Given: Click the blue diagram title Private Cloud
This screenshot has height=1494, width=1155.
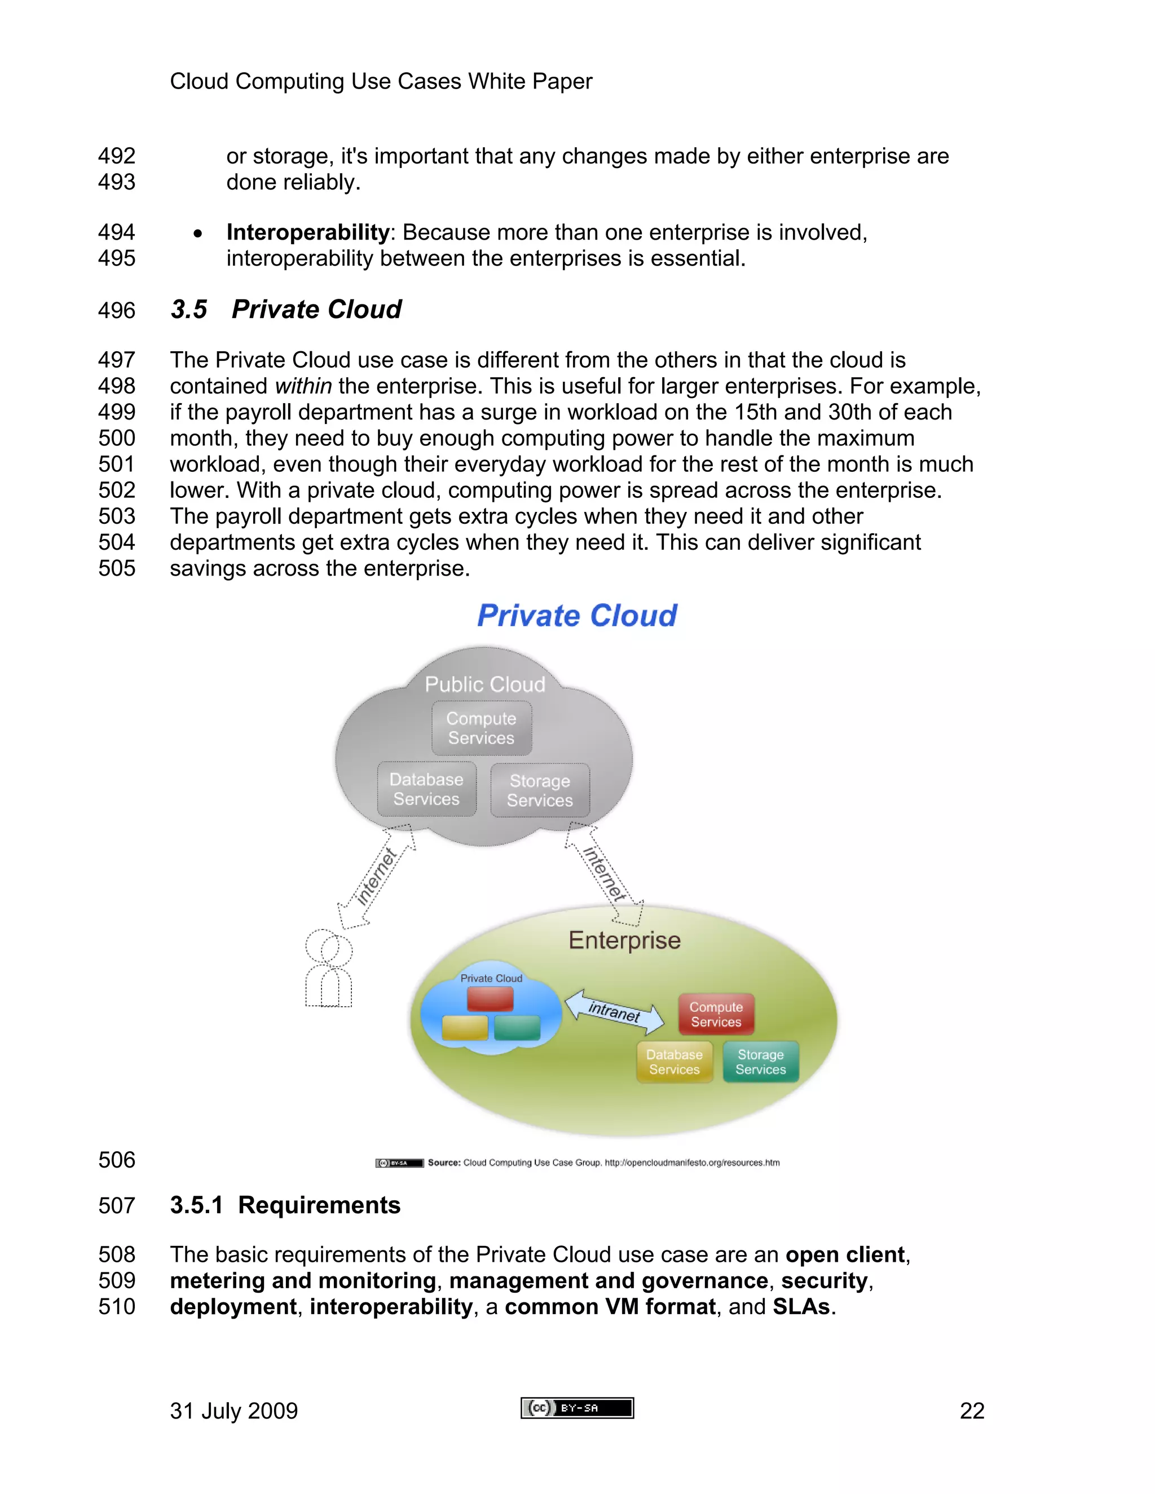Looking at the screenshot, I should [577, 616].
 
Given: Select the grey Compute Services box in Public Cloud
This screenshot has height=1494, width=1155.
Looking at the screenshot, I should [482, 728].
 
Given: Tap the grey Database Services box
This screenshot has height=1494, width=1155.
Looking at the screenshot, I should [426, 789].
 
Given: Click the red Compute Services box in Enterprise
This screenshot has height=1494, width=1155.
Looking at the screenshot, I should [716, 1014].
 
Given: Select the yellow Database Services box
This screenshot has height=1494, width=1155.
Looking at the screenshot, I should [674, 1062].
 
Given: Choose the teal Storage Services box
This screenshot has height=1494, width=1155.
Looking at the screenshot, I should [760, 1062].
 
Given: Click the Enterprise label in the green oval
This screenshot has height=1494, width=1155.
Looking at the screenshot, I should [624, 940].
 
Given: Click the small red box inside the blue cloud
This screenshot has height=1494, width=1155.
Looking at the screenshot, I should [490, 1000].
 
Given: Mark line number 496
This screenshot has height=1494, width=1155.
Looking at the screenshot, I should [116, 311].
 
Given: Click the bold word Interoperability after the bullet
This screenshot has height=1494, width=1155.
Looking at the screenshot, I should [307, 233].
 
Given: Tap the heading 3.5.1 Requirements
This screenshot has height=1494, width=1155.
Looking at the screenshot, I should [285, 1205].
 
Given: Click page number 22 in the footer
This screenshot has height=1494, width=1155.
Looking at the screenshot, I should [972, 1411].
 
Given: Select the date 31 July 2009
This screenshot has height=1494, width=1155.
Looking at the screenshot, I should [233, 1411].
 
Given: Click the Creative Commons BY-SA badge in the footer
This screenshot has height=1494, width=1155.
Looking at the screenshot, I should [577, 1408].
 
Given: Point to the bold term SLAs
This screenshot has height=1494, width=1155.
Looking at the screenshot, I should [801, 1307].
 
